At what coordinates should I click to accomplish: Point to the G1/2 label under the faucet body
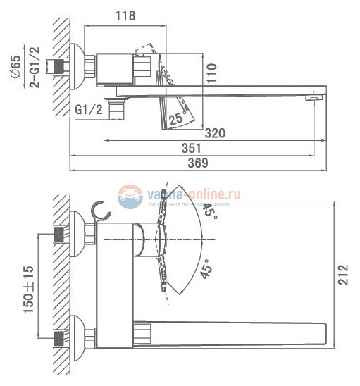pyautogui.click(x=89, y=110)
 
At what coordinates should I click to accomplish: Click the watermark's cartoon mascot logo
pyautogui.click(x=129, y=197)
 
